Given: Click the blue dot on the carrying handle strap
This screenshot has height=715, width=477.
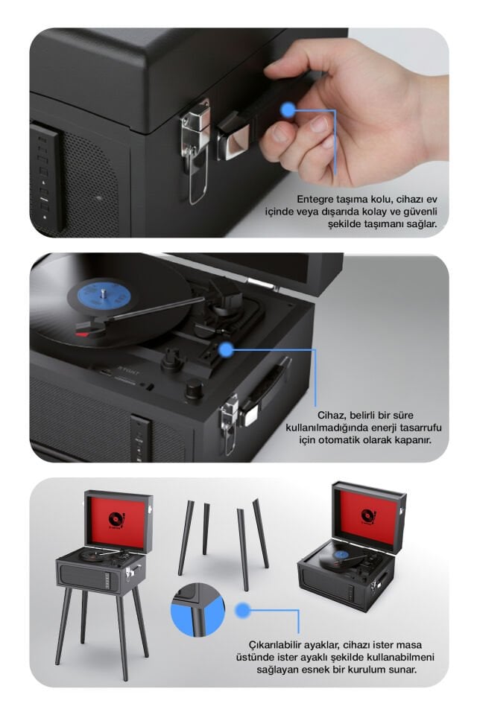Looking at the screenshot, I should click(x=288, y=110).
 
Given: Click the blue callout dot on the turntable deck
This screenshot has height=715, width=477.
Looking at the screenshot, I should click(x=226, y=347).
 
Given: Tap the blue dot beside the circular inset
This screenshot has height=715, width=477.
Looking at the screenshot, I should click(x=242, y=611).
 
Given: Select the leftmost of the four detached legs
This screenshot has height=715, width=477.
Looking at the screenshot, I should click(x=185, y=536).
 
